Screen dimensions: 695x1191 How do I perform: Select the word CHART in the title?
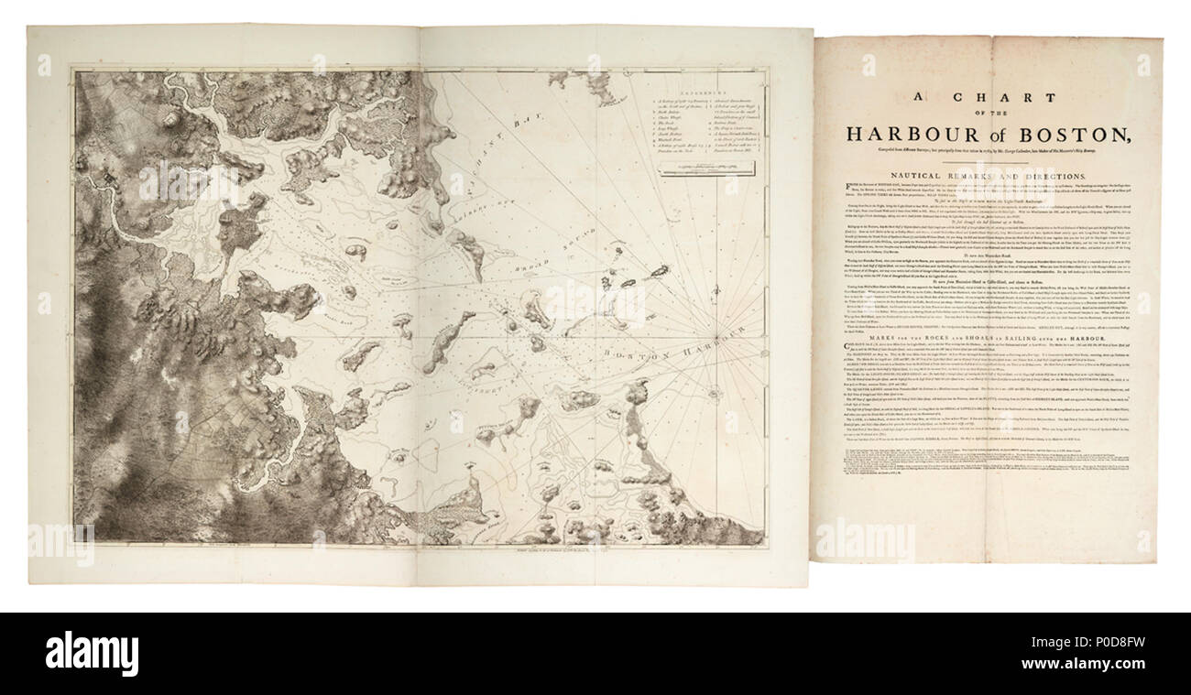997,97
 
